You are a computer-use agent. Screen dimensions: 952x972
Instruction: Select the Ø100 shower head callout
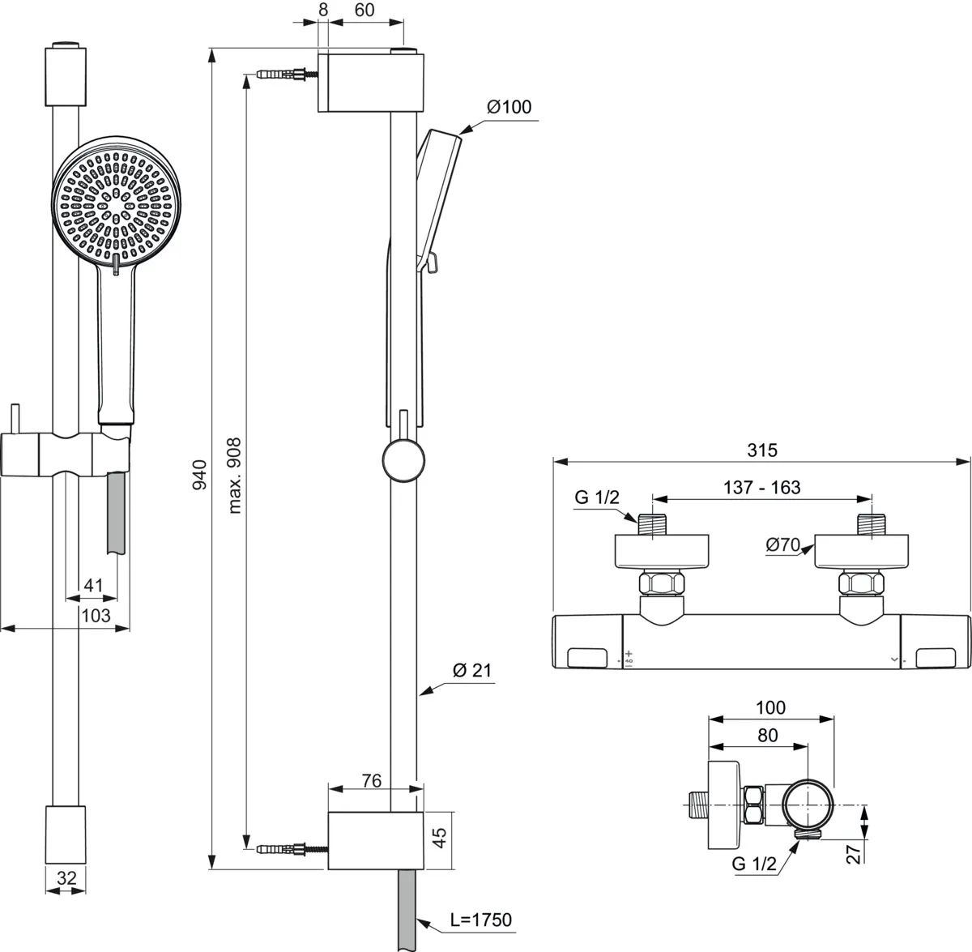coord(509,107)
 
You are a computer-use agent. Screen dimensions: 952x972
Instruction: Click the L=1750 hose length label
coord(481,920)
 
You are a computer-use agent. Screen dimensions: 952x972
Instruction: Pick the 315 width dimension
coord(761,450)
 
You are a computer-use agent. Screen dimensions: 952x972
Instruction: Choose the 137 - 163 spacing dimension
coord(761,487)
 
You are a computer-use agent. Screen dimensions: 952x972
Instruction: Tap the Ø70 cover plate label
coord(782,545)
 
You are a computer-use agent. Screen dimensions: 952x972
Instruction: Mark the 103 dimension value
coord(96,615)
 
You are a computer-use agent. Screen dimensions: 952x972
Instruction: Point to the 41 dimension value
coord(95,586)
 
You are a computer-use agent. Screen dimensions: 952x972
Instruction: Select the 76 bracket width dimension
coord(371,781)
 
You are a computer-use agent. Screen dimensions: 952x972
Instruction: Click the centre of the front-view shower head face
coord(117,203)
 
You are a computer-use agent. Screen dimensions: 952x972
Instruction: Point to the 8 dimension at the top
coord(323,11)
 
